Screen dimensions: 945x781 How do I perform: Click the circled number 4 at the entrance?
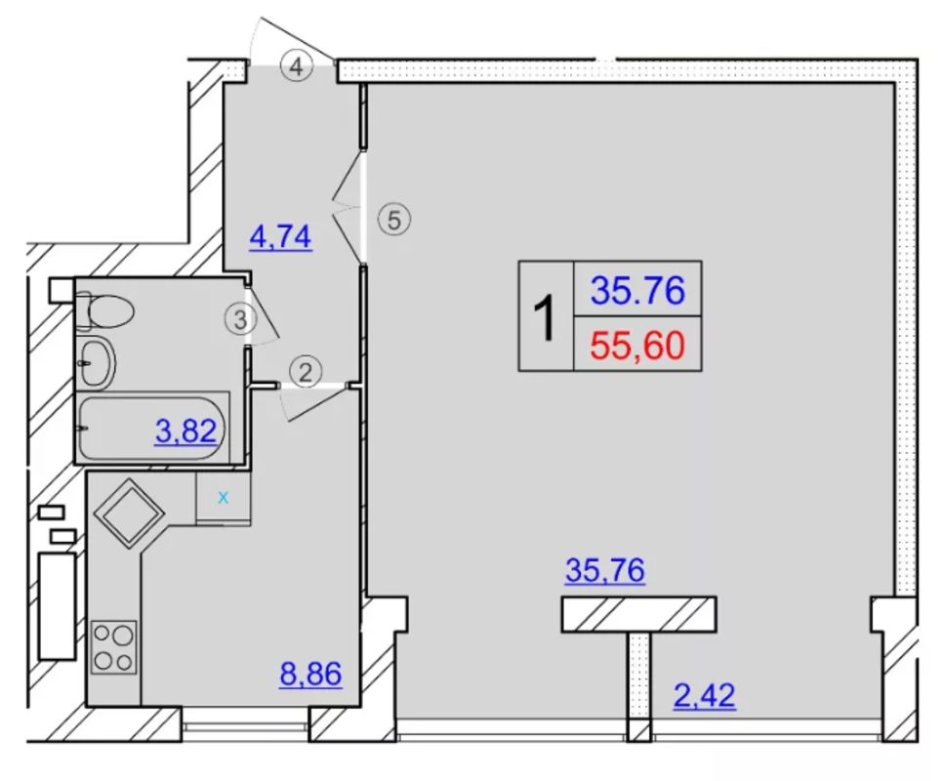coord(297,65)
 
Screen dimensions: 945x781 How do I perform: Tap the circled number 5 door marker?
coord(394,220)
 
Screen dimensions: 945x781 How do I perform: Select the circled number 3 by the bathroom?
coord(241,319)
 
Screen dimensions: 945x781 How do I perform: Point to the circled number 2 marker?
coord(306,372)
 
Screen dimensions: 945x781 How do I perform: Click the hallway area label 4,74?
coord(281,237)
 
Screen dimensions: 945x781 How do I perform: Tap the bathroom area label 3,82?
coord(185,432)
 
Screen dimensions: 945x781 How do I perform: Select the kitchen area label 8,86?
coord(311,674)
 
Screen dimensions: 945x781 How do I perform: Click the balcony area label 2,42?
coord(705,696)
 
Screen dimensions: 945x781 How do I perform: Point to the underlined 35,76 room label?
coord(605,570)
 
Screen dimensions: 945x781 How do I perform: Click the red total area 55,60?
coord(637,346)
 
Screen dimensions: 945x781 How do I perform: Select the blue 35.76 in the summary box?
coord(637,291)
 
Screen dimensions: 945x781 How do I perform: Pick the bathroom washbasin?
coord(96,363)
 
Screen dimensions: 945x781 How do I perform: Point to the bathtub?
coord(153,428)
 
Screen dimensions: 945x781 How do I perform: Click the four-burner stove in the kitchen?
coord(114,647)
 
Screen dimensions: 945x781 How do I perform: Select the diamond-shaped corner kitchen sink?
coord(129,514)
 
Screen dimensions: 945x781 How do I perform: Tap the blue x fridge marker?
coord(224,498)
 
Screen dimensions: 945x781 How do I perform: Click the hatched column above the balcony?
coord(638,615)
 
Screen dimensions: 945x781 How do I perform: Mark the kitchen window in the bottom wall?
coord(245,726)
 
